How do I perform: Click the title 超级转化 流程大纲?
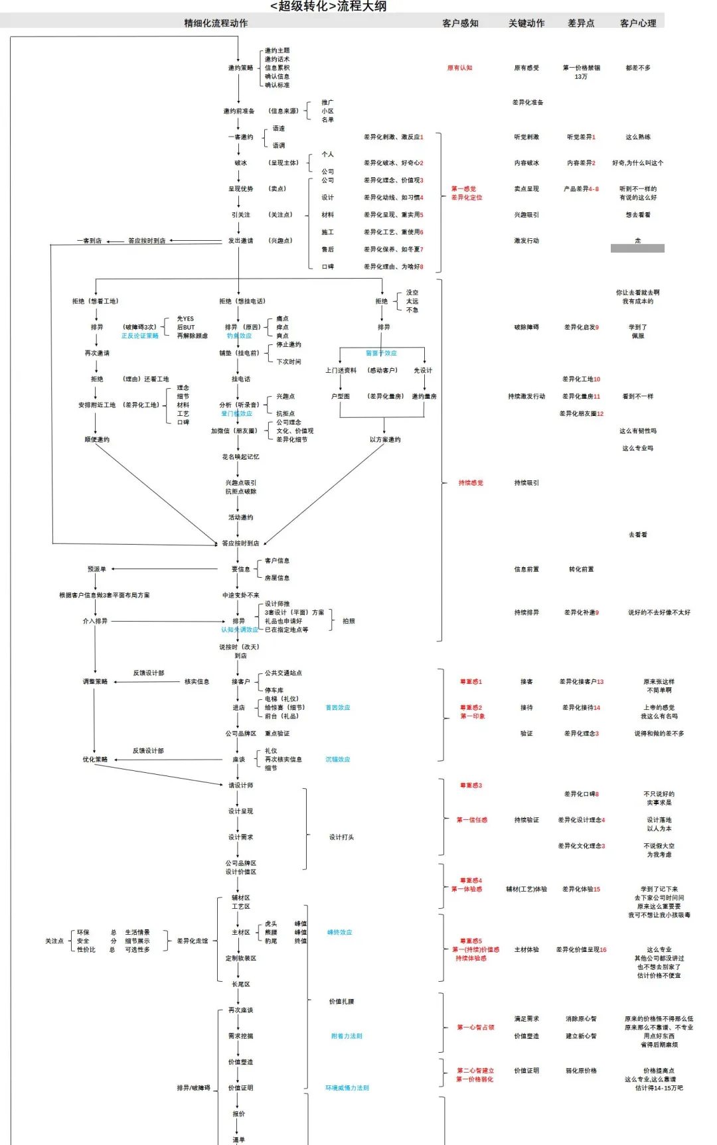[328, 7]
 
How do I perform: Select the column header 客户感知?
[460, 23]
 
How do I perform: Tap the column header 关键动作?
[526, 23]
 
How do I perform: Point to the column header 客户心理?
[638, 23]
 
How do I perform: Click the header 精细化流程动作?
[216, 23]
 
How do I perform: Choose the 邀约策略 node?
[240, 68]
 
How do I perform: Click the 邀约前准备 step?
[239, 111]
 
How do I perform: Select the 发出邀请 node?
[240, 241]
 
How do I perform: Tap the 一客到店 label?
[89, 241]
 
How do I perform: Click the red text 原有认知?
[459, 68]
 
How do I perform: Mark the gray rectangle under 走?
[637, 248]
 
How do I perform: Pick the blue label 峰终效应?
[339, 932]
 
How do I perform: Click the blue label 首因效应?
[337, 708]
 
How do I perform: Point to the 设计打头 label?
[341, 837]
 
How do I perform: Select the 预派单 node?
[96, 569]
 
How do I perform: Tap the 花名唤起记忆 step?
[240, 457]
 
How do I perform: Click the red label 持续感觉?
[471, 483]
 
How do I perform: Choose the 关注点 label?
[54, 941]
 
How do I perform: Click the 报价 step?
[238, 1114]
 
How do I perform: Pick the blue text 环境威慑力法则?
[347, 1088]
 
